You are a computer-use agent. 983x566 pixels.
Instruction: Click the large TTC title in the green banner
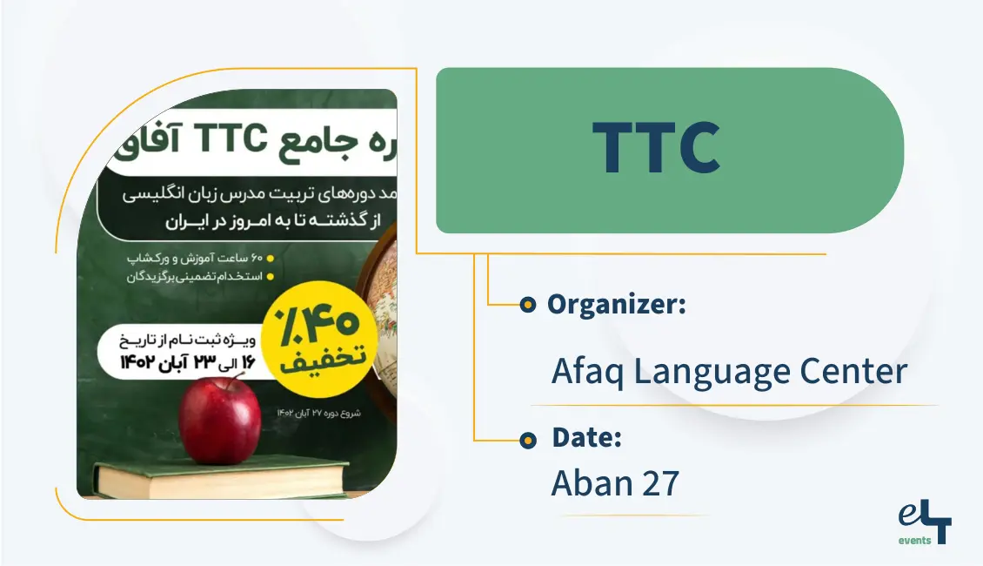656,148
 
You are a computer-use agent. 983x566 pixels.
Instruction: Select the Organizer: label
617,305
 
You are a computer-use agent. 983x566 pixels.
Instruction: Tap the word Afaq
588,372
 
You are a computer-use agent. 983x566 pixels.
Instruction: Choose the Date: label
586,439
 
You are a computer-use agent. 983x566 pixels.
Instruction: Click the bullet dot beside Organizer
526,306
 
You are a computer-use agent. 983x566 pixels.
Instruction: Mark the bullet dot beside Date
527,441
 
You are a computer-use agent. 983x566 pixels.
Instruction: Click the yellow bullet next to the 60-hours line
271,259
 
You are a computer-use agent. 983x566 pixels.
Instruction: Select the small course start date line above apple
314,412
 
